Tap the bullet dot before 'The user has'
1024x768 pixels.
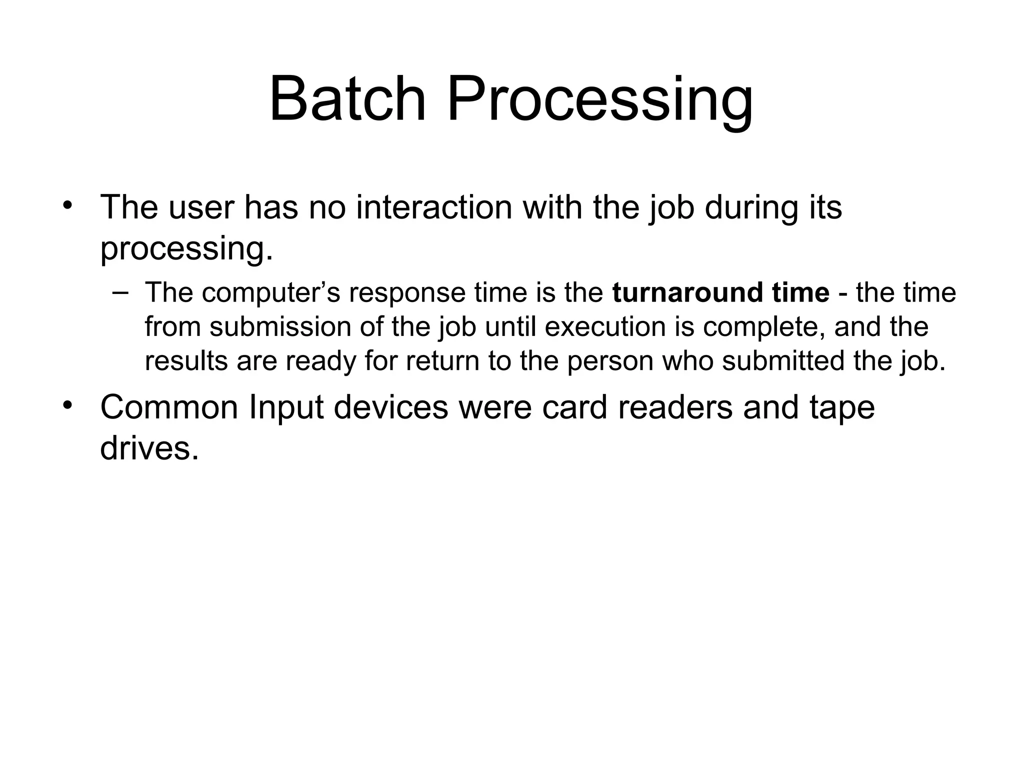68,206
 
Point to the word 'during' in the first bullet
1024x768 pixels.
751,207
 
